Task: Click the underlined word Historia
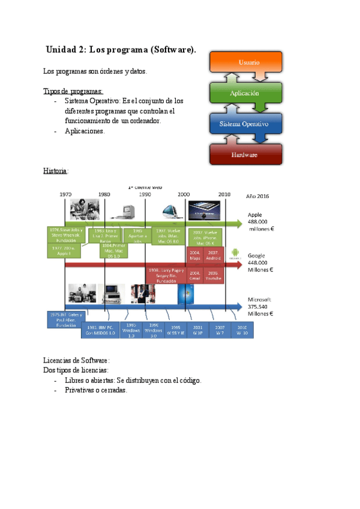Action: (55, 170)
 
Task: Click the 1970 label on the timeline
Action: (65, 194)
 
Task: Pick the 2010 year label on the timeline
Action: (224, 194)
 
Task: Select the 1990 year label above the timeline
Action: (144, 194)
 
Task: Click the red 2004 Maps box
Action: (195, 256)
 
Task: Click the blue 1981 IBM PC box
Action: (100, 330)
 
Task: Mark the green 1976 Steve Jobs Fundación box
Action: (65, 233)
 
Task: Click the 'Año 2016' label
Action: (258, 196)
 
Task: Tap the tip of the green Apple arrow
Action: (244, 223)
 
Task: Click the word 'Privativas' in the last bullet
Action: (80, 390)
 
